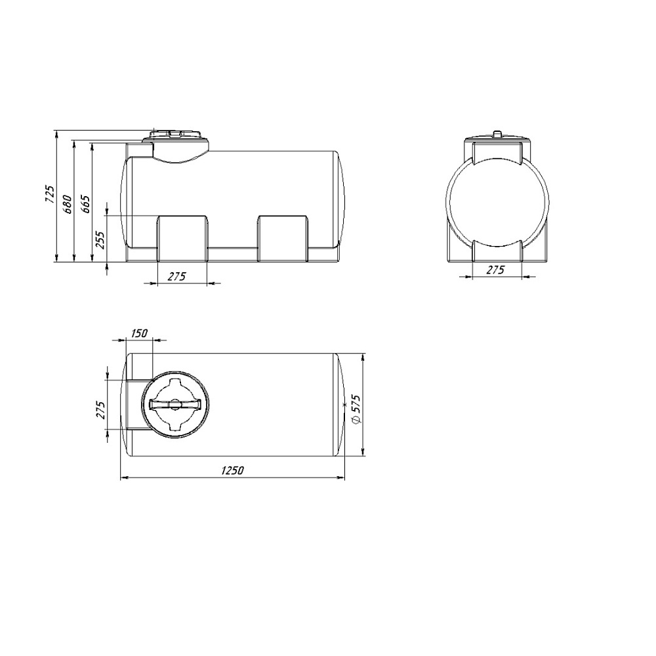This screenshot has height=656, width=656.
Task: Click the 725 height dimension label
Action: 50,194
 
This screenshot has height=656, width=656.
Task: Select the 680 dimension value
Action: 68,204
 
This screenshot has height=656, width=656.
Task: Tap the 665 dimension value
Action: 85,204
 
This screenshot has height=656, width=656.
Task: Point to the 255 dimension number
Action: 100,240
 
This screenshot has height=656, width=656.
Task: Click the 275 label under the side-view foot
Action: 176,277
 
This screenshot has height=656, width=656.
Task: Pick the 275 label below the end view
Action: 495,270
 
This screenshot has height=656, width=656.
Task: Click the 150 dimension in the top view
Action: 139,333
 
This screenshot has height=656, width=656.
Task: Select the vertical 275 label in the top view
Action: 101,410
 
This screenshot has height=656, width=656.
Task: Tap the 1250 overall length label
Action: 232,470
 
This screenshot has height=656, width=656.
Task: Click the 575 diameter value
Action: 356,403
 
